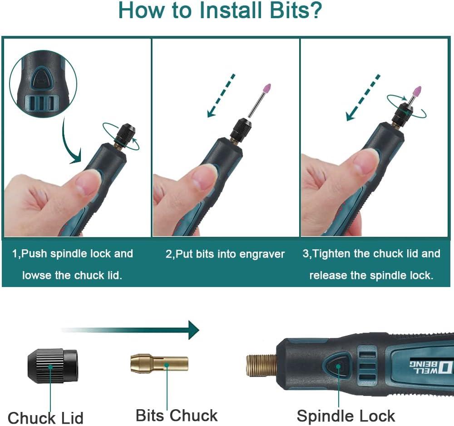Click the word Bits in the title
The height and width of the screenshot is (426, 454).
coord(295,10)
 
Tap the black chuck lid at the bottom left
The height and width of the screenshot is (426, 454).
coord(53,366)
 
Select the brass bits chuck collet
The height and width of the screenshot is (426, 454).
coord(159,363)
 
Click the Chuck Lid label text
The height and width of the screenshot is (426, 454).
coord(45,418)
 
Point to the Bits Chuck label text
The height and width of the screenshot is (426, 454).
coord(177,416)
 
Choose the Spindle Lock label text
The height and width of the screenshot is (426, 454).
coord(345,416)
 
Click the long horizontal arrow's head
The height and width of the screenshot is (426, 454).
coord(194,330)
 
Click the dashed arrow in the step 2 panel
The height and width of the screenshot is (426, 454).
coord(221,95)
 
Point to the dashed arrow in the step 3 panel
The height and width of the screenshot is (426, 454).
coord(363,97)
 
